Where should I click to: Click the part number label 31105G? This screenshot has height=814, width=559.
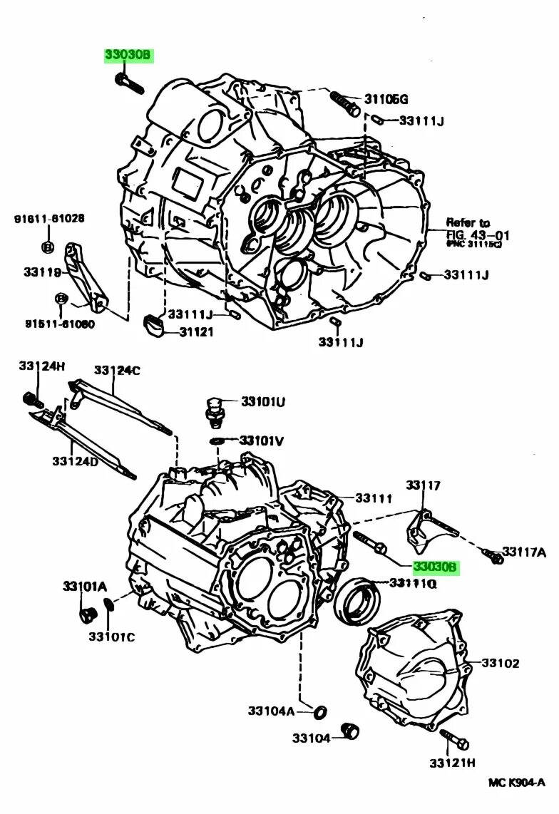[387, 99]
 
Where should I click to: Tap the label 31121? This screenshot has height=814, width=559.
[196, 331]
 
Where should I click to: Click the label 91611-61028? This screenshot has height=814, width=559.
[48, 219]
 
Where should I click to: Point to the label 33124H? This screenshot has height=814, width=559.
[41, 366]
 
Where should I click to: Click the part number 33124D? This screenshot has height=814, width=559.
[75, 461]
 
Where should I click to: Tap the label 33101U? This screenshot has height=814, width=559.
[262, 402]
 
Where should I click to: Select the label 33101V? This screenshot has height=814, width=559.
[262, 441]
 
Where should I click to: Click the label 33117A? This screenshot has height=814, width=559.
[524, 551]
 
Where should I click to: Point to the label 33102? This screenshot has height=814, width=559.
[500, 663]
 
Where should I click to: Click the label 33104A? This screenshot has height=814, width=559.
[271, 711]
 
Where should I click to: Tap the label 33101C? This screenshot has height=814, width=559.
[111, 636]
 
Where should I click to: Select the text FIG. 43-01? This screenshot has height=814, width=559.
[478, 235]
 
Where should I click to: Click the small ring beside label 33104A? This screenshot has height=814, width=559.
[321, 711]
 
